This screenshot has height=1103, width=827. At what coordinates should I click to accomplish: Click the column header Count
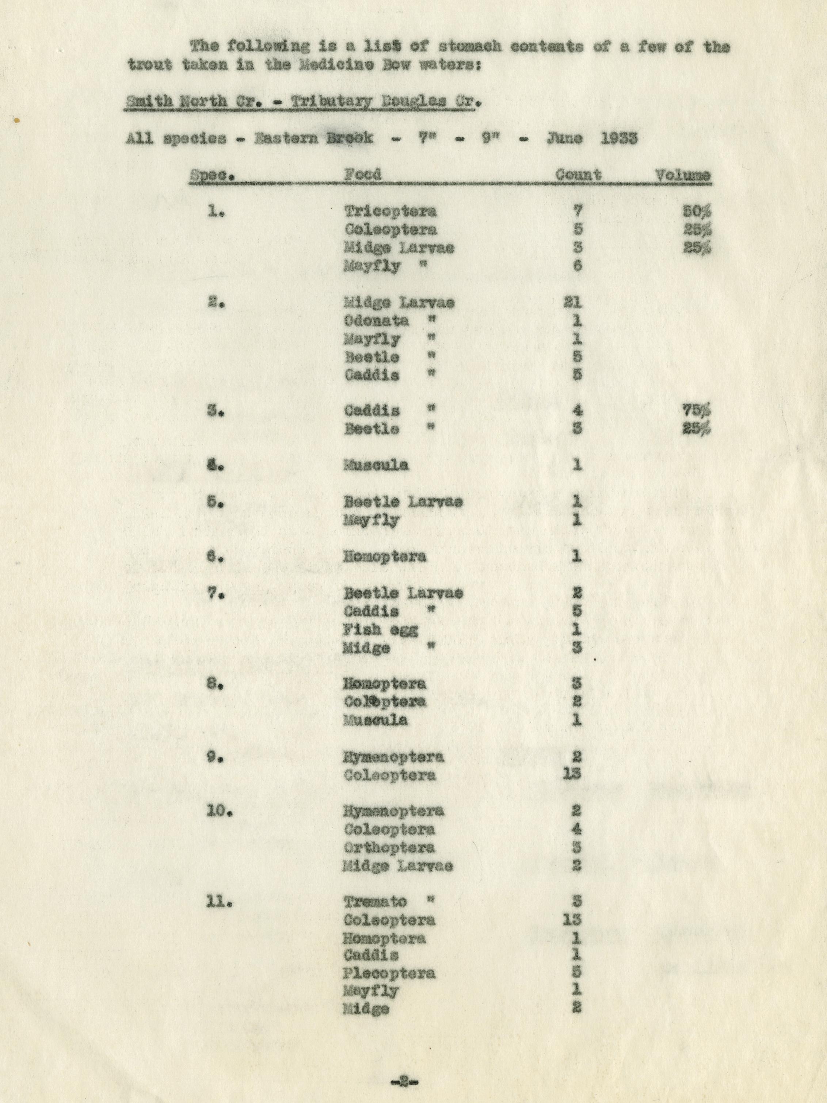(579, 175)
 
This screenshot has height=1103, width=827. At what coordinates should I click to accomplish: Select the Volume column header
(682, 175)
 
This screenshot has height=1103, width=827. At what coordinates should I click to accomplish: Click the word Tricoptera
(390, 211)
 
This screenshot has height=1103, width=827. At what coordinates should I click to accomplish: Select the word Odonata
(376, 321)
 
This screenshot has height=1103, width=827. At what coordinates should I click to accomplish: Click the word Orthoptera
(389, 847)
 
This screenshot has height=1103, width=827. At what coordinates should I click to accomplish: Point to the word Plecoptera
(389, 973)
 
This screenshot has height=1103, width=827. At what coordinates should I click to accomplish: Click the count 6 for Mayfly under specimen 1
(577, 266)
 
